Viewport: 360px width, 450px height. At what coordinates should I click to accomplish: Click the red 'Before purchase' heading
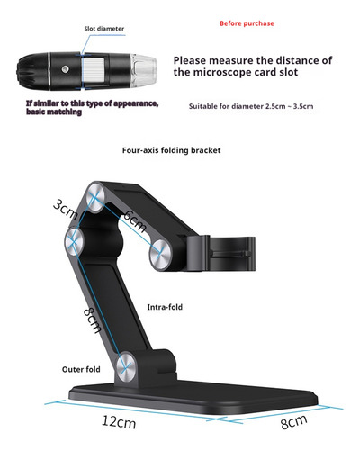[x=247, y=23]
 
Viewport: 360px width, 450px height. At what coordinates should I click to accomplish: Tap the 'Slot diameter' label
[x=104, y=29]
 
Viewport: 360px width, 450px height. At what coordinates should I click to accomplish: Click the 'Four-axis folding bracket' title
[x=171, y=150]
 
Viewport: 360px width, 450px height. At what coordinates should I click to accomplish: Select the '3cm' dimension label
[x=66, y=210]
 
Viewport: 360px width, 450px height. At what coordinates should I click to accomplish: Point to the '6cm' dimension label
[x=135, y=220]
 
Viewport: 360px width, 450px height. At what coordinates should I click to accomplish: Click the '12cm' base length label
[x=119, y=421]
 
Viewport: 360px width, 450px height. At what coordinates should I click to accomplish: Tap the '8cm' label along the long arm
[x=92, y=320]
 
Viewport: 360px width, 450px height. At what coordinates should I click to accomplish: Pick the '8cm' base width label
[x=294, y=421]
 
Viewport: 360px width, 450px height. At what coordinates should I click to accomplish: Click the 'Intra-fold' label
[x=165, y=307]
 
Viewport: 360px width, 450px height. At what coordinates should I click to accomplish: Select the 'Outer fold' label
[x=81, y=369]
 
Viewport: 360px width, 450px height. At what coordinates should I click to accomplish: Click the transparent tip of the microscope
[x=144, y=71]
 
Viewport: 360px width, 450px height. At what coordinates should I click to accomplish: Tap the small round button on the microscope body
[x=66, y=69]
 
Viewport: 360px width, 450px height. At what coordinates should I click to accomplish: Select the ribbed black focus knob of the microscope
[x=32, y=71]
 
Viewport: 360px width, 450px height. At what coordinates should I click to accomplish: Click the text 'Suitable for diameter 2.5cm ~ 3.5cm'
[x=251, y=106]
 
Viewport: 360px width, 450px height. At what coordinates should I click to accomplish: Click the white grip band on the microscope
[x=94, y=71]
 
